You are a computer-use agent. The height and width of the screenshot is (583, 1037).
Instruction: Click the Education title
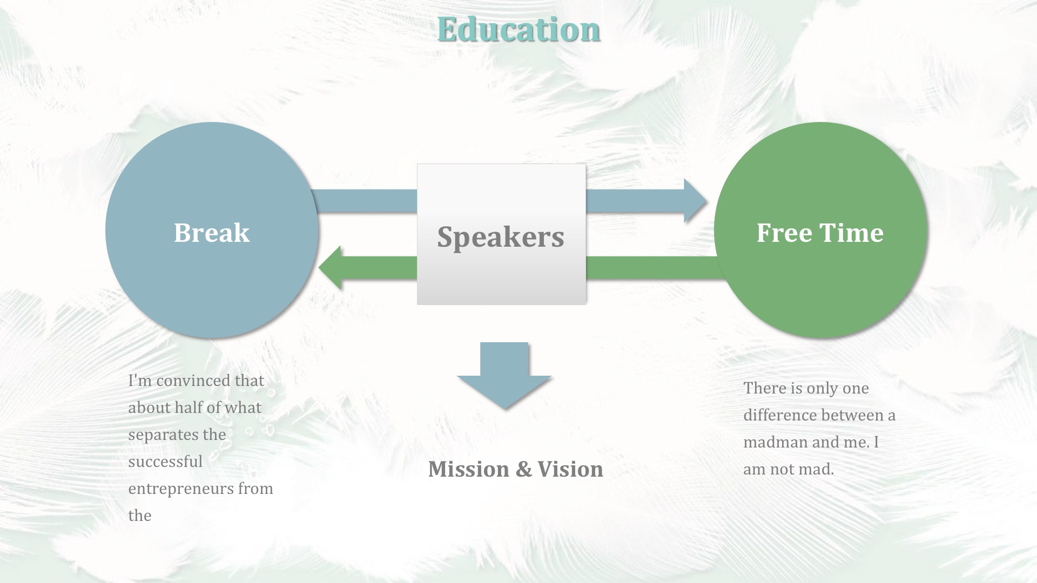coord(518,29)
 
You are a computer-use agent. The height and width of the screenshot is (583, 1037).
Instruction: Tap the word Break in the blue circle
coord(212,233)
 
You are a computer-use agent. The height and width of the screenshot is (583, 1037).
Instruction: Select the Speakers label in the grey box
coord(501,237)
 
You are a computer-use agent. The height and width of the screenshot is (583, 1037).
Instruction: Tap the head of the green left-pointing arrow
coord(330,268)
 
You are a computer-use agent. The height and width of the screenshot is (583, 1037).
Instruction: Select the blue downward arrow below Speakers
coord(504,376)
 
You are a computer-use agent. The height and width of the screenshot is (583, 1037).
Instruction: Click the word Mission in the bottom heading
coord(469,469)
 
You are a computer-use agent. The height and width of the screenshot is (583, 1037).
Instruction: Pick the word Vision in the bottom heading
coord(570,469)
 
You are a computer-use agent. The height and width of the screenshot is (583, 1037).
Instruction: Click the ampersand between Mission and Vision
coord(523,470)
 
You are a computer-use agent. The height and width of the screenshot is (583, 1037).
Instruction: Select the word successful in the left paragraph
coord(165,462)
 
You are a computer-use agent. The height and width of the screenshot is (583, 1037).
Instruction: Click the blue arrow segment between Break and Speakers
coord(365,201)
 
